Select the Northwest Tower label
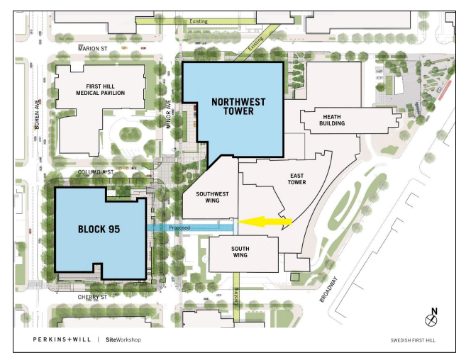tap(238, 107)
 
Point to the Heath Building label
tap(333, 120)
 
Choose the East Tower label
tap(297, 179)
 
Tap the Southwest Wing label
tap(211, 196)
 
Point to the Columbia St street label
tap(97, 171)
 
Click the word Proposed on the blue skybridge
tap(179, 228)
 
